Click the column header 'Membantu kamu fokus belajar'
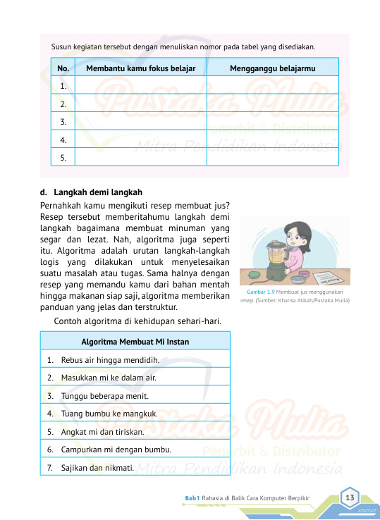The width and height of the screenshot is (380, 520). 140,68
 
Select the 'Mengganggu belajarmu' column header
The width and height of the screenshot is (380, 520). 272,68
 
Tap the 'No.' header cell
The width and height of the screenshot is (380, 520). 63,68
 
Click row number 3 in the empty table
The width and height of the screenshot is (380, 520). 63,122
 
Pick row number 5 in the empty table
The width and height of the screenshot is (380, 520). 63,158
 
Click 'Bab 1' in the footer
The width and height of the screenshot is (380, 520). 192,498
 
